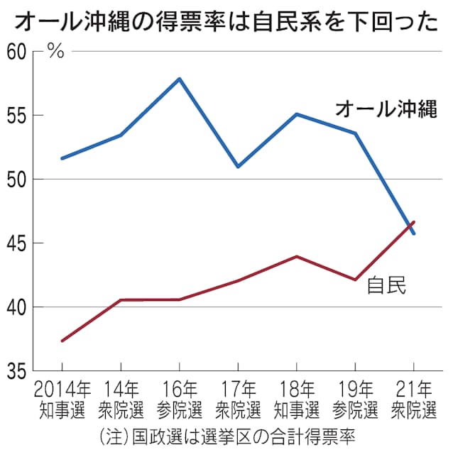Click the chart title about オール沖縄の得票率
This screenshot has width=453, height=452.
click(x=226, y=21)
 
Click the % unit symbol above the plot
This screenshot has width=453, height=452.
click(x=56, y=51)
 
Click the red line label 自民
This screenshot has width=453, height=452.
click(x=386, y=285)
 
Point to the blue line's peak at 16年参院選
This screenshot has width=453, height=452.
click(x=179, y=79)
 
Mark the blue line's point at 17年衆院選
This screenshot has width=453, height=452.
click(x=238, y=167)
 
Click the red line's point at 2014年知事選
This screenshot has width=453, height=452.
click(x=62, y=341)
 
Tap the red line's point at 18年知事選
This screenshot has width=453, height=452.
click(x=297, y=256)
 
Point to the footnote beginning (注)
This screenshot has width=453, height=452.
click(x=226, y=433)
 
